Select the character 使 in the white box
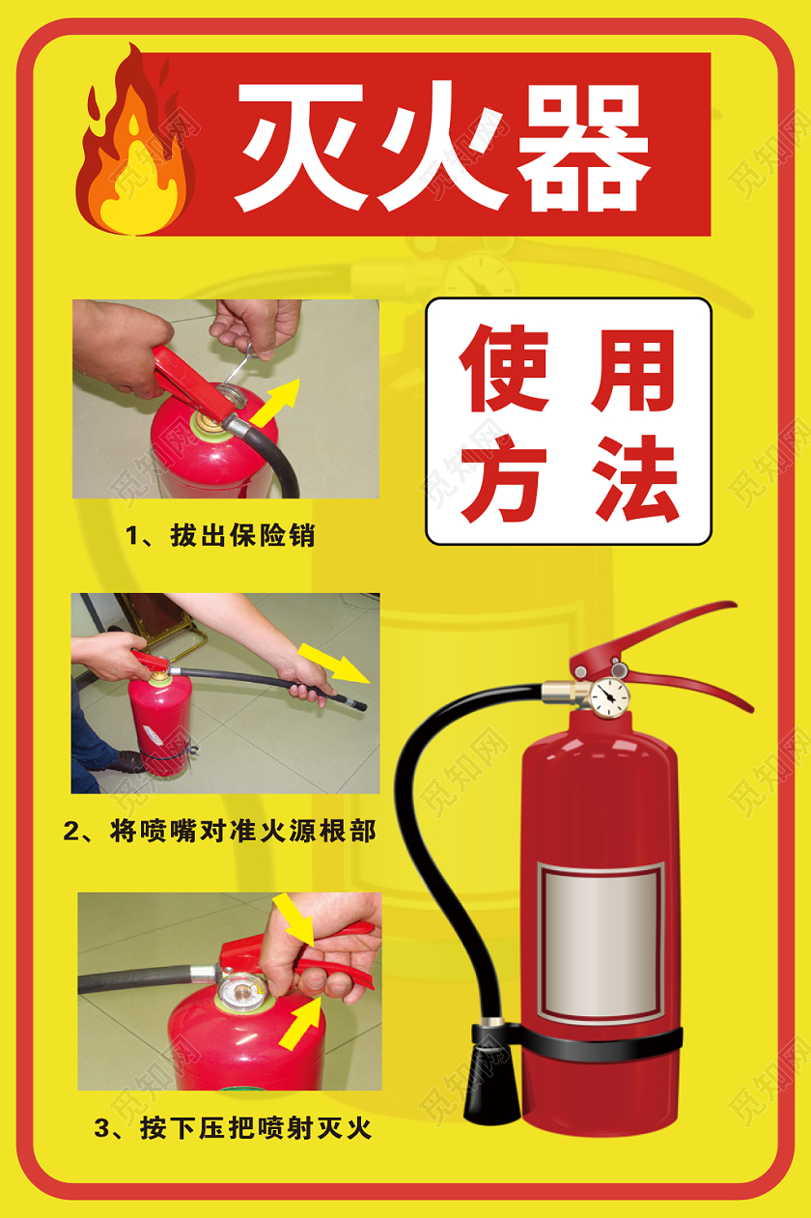click(503, 371)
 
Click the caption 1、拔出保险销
click(221, 535)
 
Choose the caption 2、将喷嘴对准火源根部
click(219, 830)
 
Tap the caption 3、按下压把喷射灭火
click(233, 1127)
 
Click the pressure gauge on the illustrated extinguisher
click(608, 695)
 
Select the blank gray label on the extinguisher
click(601, 942)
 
